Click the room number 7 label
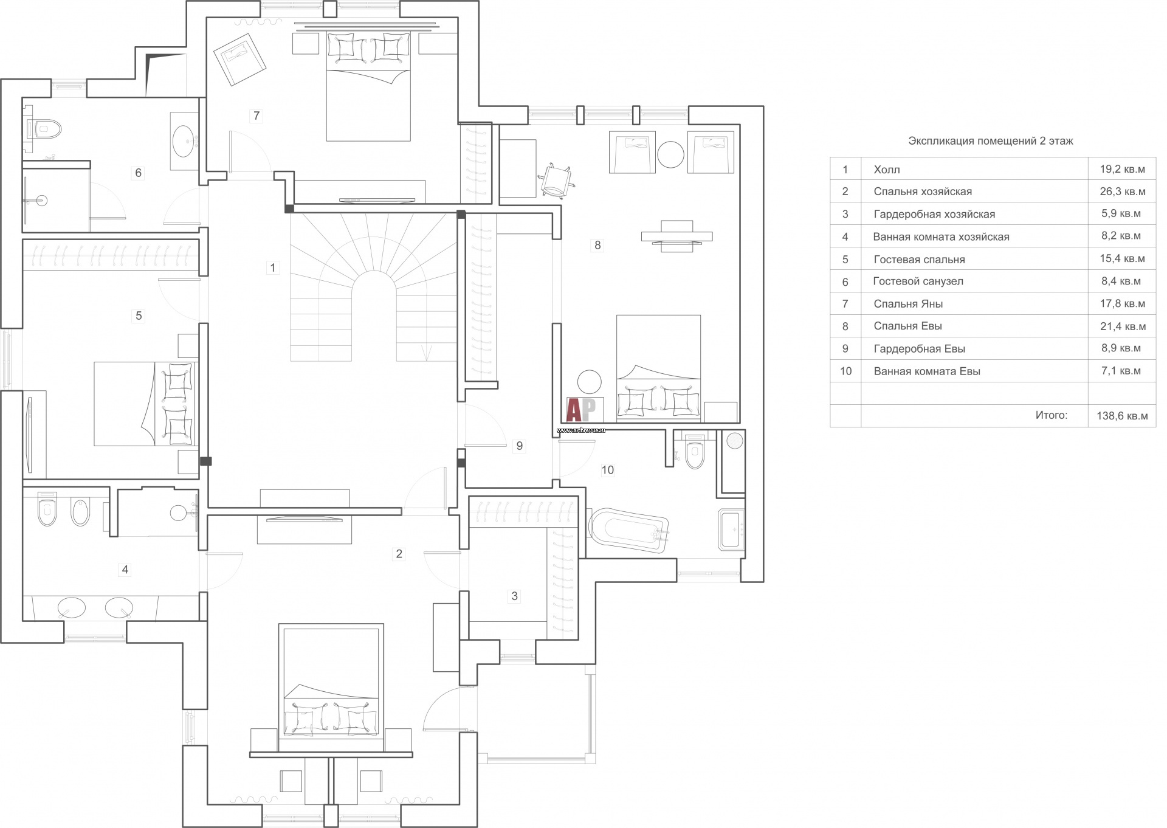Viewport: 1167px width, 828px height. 256,116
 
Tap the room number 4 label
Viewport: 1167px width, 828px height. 125,570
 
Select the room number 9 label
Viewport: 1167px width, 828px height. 519,446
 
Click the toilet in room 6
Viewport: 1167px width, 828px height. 46,128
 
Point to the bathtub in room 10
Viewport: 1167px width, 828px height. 628,531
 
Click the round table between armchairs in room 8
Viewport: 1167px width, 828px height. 671,154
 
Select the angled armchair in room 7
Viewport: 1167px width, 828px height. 239,60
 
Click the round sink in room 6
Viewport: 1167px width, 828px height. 184,142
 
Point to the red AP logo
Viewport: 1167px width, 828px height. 581,410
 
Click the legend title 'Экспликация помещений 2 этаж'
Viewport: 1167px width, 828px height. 991,141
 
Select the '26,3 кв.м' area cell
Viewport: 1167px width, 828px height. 1123,191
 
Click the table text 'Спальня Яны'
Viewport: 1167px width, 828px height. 908,304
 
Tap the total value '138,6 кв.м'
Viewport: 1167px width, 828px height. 1122,416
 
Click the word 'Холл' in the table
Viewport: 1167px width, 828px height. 887,170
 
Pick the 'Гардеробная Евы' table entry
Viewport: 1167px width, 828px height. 920,349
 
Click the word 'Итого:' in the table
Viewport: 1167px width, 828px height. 1052,415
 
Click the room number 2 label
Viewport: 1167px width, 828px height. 399,554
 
